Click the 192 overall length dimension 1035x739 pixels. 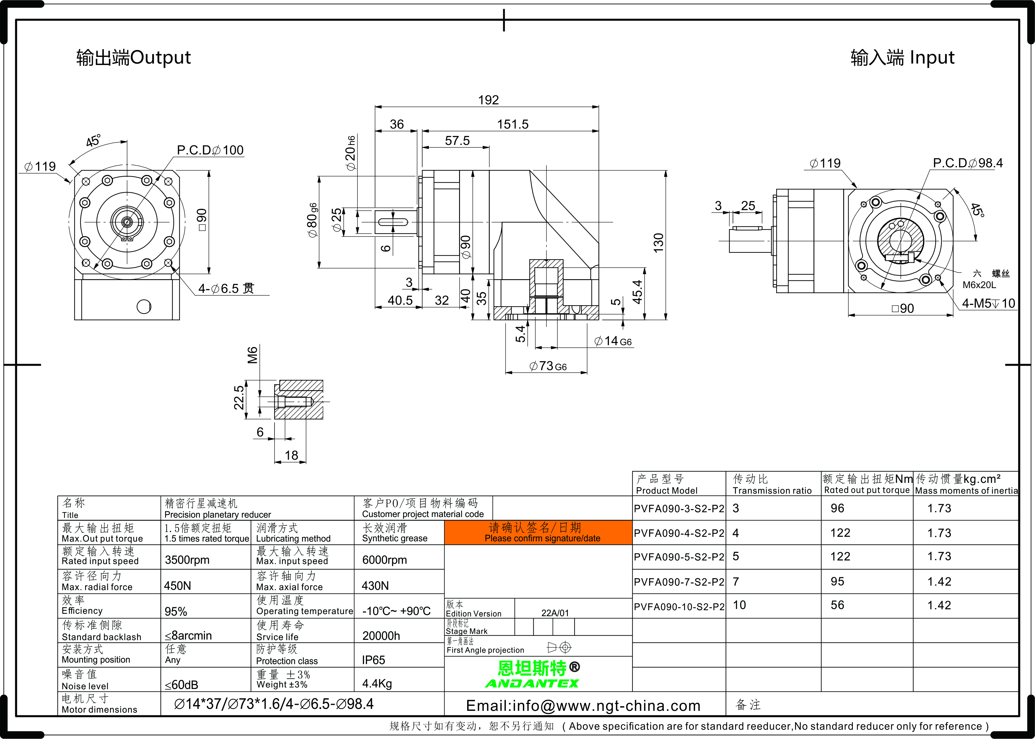pos(488,100)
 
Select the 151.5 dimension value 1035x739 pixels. pos(512,124)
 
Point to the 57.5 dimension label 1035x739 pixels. pos(457,140)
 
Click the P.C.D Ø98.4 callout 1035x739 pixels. pos(968,163)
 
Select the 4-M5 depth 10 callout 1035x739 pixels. pos(988,303)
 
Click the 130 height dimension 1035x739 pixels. pos(658,243)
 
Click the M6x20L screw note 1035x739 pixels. pos(979,285)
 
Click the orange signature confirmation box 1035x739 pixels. pos(538,532)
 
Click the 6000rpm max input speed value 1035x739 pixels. pos(384,560)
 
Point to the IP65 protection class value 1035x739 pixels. pos(374,660)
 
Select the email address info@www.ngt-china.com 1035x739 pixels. pos(583,706)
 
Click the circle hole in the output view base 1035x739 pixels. pos(144,307)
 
